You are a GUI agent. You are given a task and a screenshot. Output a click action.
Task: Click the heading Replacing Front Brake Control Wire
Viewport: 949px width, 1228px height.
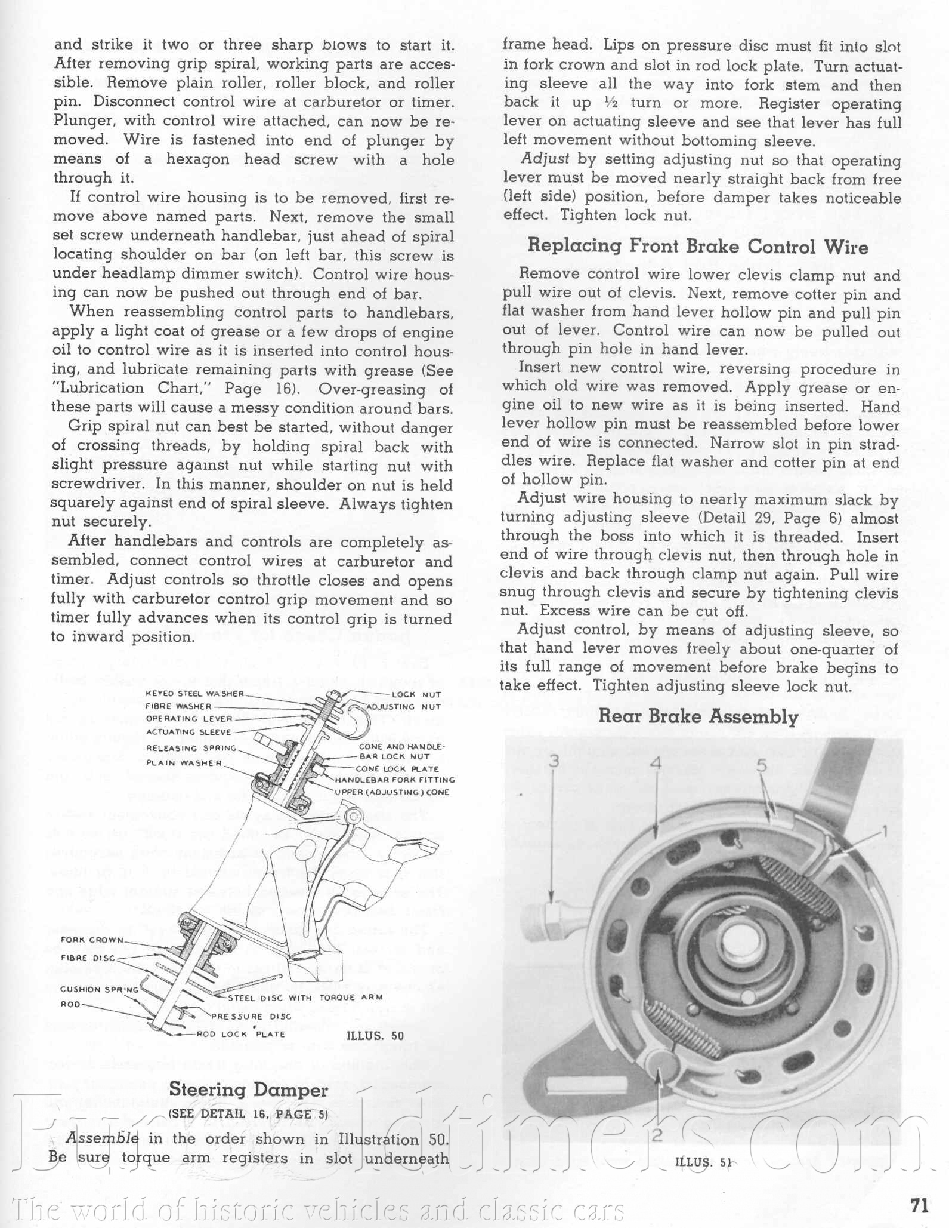coord(697,246)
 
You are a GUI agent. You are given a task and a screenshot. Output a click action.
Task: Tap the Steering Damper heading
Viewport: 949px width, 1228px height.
coord(248,1089)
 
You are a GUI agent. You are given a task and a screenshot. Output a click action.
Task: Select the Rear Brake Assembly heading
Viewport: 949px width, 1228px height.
coord(698,716)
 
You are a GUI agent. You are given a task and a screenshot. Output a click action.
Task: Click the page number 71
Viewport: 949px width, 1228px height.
coord(920,1206)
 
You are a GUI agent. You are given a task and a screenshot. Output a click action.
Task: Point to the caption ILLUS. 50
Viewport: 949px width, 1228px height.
coord(375,1035)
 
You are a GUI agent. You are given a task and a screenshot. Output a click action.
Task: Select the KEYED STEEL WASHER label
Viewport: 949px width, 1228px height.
coord(195,694)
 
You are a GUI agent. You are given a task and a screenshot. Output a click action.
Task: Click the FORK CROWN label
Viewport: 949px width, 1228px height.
coord(92,940)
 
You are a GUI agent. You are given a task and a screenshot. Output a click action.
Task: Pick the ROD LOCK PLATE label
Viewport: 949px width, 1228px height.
coord(241,1034)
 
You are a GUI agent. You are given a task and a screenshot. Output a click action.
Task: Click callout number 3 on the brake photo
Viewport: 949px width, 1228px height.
coord(555,762)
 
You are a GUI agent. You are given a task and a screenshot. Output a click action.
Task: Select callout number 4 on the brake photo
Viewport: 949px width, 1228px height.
coord(657,762)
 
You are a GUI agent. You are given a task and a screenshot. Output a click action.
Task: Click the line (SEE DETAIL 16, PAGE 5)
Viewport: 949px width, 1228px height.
coord(248,1114)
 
